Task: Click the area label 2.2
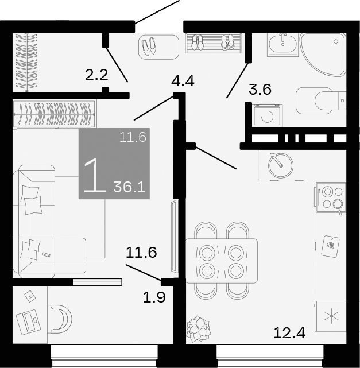[x=96, y=73]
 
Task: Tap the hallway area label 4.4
[x=183, y=81]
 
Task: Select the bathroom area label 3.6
[x=260, y=90]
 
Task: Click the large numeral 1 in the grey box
[x=94, y=175]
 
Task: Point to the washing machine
[x=266, y=115]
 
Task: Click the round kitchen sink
[x=281, y=165]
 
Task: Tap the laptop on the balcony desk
[x=28, y=322]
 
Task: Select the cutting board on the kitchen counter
[x=330, y=246]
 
